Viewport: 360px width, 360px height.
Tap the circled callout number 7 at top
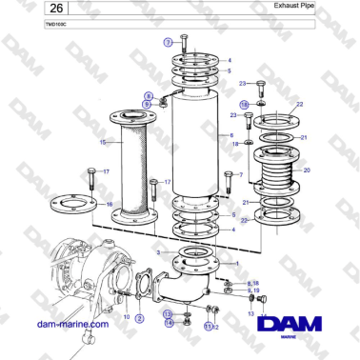[168, 43]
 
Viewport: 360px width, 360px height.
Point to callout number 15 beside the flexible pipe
[102, 142]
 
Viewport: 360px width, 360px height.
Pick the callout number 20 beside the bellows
[307, 170]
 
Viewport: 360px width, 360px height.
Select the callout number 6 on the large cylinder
[231, 135]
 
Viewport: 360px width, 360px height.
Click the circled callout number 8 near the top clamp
[149, 95]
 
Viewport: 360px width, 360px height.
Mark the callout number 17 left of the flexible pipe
[107, 171]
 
